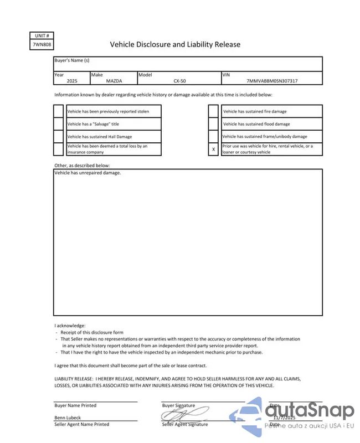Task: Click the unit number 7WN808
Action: point(42,45)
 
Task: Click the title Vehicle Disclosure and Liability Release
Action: point(175,44)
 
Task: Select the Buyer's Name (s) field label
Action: point(72,60)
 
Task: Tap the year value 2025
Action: point(72,81)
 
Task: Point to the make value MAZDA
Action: point(114,81)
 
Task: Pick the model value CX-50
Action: point(179,81)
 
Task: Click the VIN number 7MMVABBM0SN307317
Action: point(272,81)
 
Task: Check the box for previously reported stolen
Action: point(59,111)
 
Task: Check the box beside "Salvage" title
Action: point(59,124)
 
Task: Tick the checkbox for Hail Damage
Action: point(59,136)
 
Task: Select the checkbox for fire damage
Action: point(213,111)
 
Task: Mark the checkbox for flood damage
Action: point(213,124)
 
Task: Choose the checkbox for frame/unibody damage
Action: point(213,136)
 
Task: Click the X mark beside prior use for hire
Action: point(213,149)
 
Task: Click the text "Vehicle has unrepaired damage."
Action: point(88,173)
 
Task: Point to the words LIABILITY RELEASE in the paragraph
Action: point(74,379)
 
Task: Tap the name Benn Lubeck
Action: point(68,418)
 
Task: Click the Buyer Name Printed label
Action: point(75,405)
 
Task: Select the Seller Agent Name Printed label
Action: point(81,424)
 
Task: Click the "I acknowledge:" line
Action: point(70,326)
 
